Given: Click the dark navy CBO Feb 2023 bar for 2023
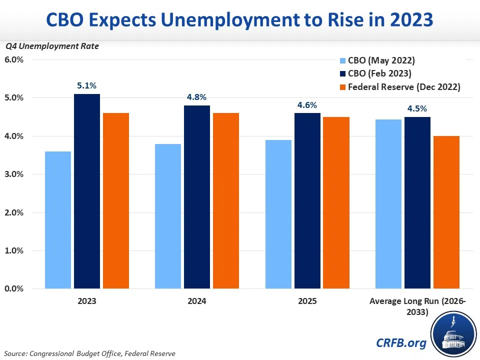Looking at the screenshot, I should [x=86, y=191].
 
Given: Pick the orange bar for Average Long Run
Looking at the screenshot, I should [x=446, y=212].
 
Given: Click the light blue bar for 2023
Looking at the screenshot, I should [x=57, y=220].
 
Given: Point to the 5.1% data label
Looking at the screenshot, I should [x=86, y=86].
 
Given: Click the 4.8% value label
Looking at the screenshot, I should [x=196, y=97].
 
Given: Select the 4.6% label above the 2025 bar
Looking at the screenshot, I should [x=307, y=105].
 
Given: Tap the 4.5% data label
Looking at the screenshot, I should [x=417, y=109].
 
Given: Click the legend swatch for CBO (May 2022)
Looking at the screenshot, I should [x=342, y=61].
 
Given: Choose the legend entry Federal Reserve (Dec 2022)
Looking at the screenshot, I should [x=404, y=86].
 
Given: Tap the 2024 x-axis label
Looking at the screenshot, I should [x=197, y=301].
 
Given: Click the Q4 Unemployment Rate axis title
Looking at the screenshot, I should [x=52, y=46].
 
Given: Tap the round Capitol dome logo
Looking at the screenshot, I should [x=452, y=333].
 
